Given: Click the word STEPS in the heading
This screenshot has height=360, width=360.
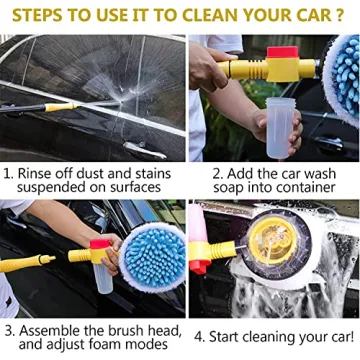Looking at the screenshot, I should pyautogui.click(x=41, y=17).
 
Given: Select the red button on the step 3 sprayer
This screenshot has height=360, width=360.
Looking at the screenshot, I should pyautogui.click(x=99, y=245).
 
